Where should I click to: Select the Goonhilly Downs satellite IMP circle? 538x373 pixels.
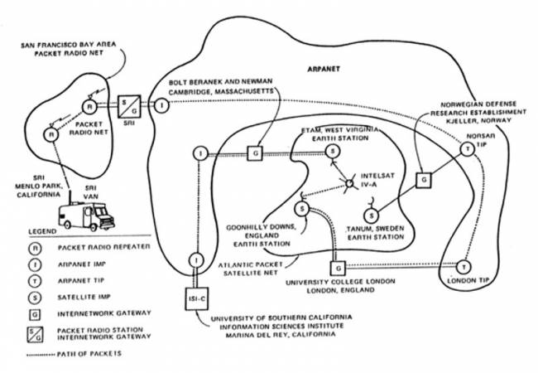click(x=303, y=208)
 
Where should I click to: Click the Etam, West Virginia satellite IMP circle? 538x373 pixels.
click(x=332, y=152)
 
